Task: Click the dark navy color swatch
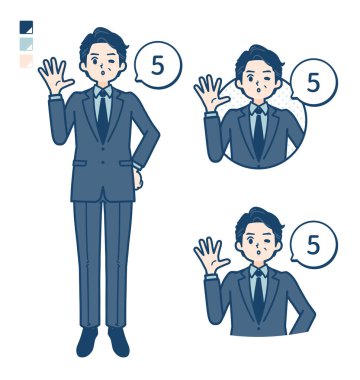26,27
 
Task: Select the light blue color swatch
26,44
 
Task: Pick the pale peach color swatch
26,61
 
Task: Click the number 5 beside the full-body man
158,66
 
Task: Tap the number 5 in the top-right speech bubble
313,83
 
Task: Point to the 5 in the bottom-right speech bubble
313,245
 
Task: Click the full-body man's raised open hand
54,76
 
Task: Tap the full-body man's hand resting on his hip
137,178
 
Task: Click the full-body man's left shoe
119,341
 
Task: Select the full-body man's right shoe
87,341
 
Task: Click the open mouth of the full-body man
102,71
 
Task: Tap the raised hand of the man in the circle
210,93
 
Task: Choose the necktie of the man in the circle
258,133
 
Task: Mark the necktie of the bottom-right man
258,296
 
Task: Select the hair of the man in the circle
258,56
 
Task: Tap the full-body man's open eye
95,61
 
